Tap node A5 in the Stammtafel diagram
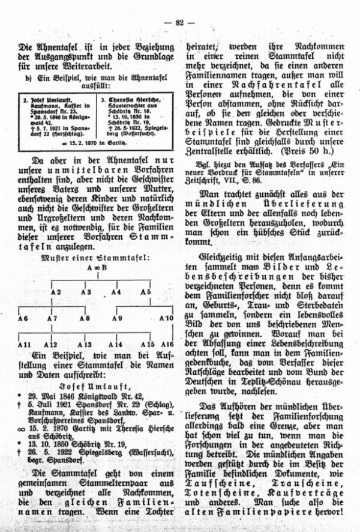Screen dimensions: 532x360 [x=146, y=292]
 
